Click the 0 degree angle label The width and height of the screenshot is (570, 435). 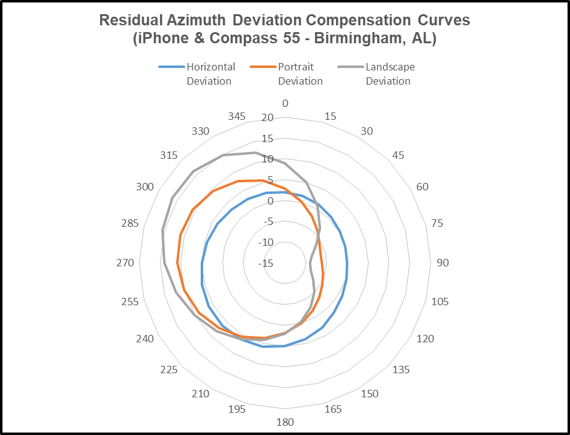(285, 103)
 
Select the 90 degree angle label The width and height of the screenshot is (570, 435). (443, 263)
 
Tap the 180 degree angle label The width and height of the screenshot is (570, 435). (285, 422)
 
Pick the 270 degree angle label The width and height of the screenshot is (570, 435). (125, 263)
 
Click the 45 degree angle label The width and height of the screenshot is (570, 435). (398, 155)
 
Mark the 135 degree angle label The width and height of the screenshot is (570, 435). (401, 370)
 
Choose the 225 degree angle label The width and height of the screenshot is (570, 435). (169, 370)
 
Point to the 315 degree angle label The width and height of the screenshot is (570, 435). (169, 155)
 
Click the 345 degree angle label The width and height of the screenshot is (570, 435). (237, 116)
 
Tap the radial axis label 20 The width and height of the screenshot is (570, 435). (267, 118)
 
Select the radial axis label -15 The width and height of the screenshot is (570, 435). (266, 263)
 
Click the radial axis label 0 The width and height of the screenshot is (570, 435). (269, 201)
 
